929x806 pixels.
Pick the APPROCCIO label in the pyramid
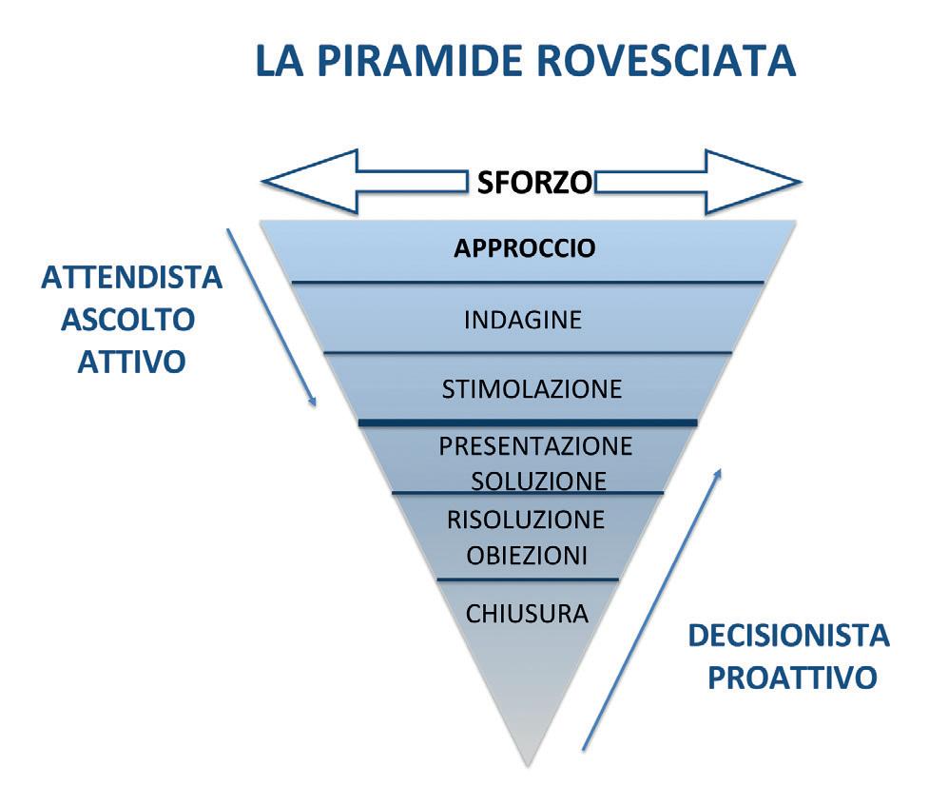pyautogui.click(x=525, y=248)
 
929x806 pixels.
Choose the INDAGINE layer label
pyautogui.click(x=522, y=320)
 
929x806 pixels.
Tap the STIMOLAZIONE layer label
pyautogui.click(x=532, y=389)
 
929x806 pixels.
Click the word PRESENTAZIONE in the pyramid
pyautogui.click(x=535, y=445)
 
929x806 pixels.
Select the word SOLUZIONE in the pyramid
pyautogui.click(x=538, y=481)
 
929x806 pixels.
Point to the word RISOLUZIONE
pyautogui.click(x=525, y=520)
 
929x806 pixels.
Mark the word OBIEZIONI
pyautogui.click(x=526, y=555)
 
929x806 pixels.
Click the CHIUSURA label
pyautogui.click(x=527, y=614)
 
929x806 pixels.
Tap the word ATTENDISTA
pyautogui.click(x=131, y=279)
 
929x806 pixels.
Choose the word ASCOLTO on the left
pyautogui.click(x=127, y=321)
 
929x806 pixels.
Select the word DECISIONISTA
pyautogui.click(x=788, y=636)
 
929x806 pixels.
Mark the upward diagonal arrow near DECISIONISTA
pyautogui.click(x=651, y=608)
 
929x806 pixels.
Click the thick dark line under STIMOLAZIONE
pyautogui.click(x=529, y=423)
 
